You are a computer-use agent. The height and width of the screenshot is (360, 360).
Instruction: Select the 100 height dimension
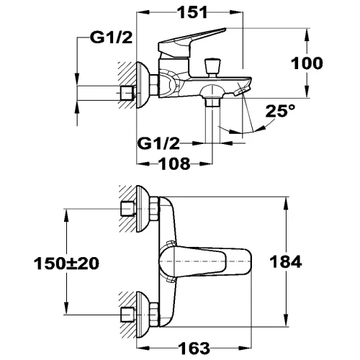(307, 63)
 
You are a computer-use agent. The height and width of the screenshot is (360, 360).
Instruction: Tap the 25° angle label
(281, 112)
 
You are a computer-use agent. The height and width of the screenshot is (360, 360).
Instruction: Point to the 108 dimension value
(174, 164)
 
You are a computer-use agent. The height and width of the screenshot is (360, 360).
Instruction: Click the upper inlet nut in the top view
(130, 210)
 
